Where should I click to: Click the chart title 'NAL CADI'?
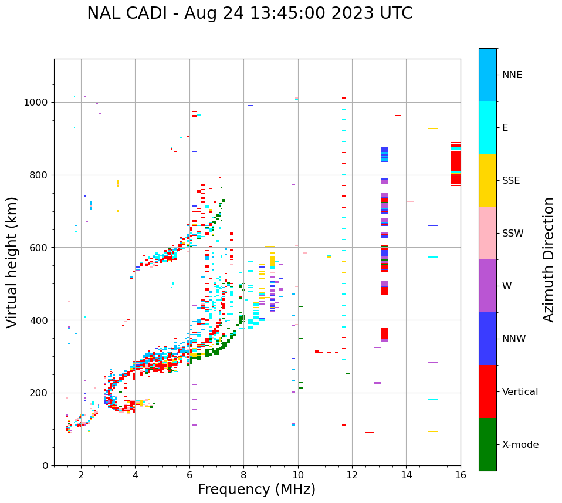pyautogui.click(x=126, y=13)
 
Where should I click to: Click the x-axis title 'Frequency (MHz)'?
pyautogui.click(x=256, y=490)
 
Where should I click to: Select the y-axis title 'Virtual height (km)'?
pyautogui.click(x=12, y=262)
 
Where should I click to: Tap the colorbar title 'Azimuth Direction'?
pyautogui.click(x=549, y=259)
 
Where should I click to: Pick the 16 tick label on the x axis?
pyautogui.click(x=461, y=475)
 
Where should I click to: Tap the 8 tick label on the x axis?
pyautogui.click(x=243, y=475)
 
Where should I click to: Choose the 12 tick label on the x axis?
pyautogui.click(x=352, y=475)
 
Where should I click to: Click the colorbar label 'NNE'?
pyautogui.click(x=512, y=75)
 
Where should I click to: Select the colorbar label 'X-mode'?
pyautogui.click(x=520, y=445)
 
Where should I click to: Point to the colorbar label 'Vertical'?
pyautogui.click(x=520, y=392)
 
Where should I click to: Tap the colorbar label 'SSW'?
pyautogui.click(x=513, y=234)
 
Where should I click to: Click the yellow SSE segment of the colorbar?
pyautogui.click(x=487, y=180)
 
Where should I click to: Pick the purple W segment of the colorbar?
pyautogui.click(x=487, y=286)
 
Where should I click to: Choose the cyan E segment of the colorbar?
pyautogui.click(x=487, y=127)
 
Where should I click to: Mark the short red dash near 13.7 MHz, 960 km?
pyautogui.click(x=398, y=116)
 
